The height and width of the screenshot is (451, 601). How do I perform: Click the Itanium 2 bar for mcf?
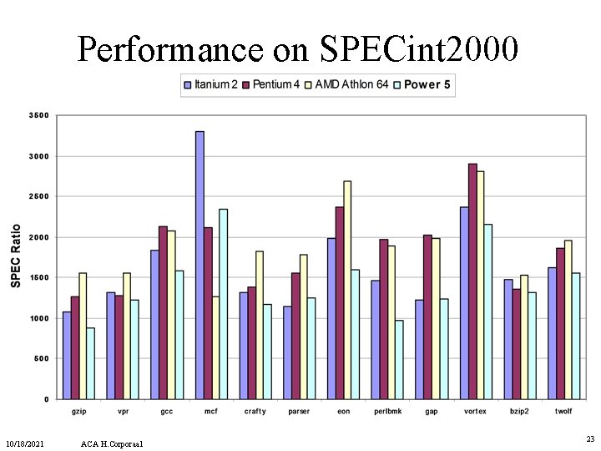[x=199, y=265]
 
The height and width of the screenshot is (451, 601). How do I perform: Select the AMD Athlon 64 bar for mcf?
[x=215, y=347]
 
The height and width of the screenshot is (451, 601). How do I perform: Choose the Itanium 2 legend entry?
[x=211, y=84]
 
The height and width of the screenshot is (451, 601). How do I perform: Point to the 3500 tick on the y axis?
[x=40, y=115]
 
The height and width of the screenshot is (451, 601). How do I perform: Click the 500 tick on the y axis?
[x=42, y=358]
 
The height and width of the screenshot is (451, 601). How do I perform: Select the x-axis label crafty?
[x=255, y=412]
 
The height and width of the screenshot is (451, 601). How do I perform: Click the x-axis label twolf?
[x=564, y=412]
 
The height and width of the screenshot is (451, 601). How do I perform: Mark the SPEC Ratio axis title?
[x=17, y=256]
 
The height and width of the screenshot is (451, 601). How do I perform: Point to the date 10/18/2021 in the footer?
[x=24, y=442]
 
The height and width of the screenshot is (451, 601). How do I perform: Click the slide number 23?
[x=590, y=438]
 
